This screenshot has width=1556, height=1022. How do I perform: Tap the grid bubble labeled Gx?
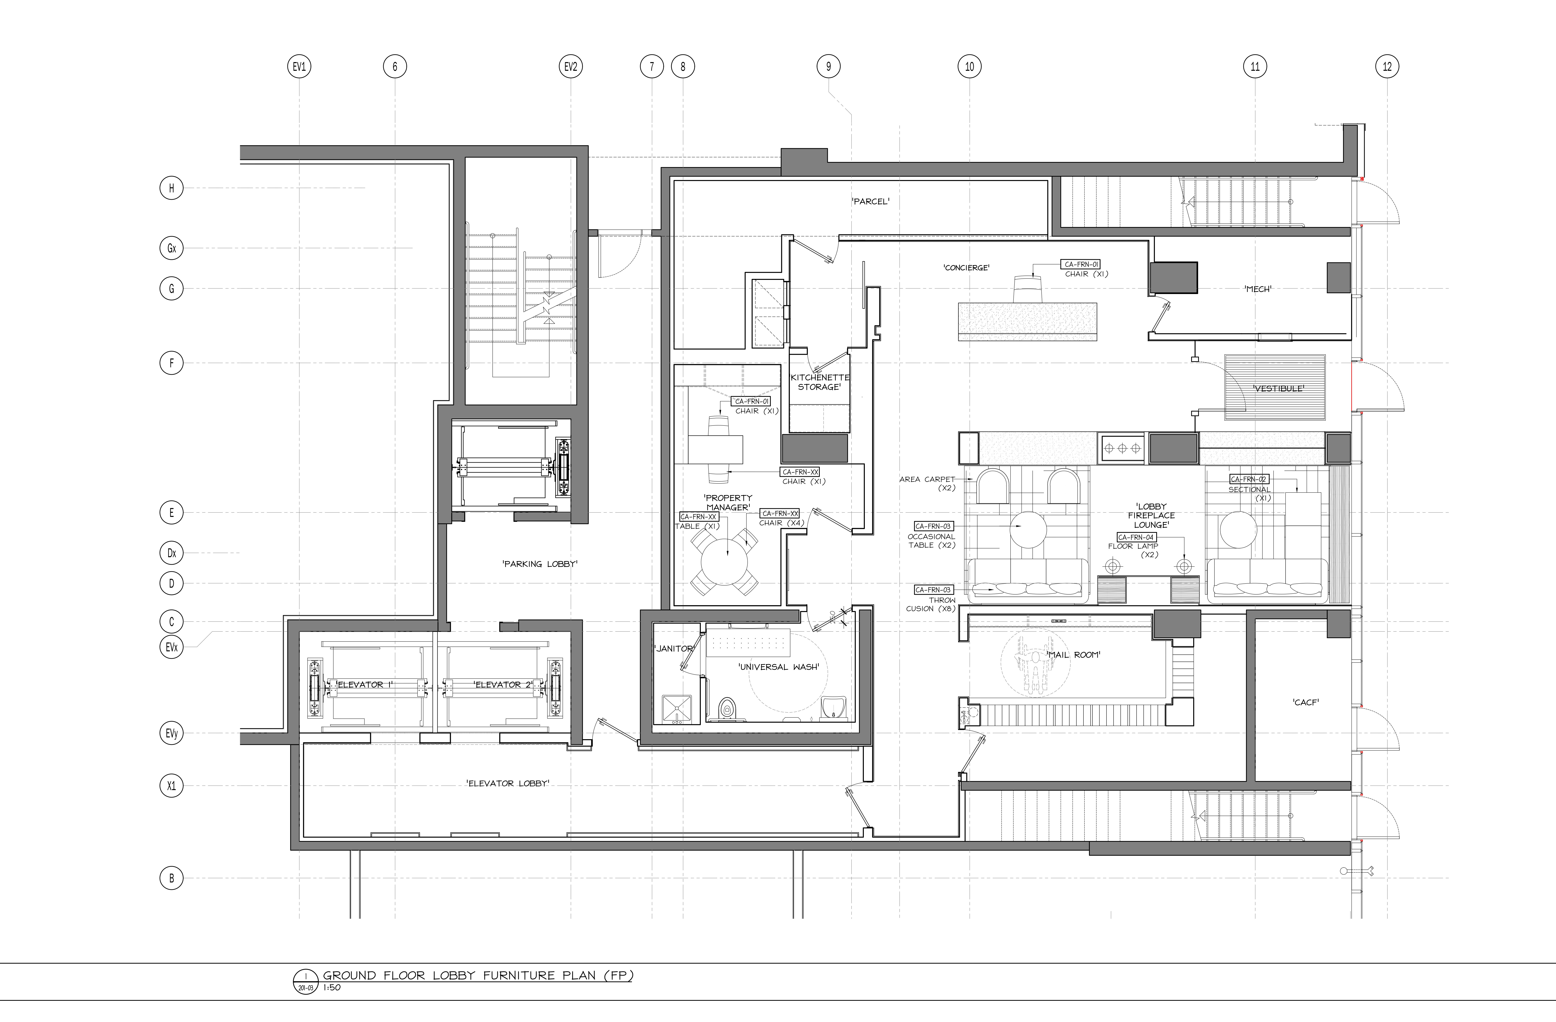[x=171, y=248]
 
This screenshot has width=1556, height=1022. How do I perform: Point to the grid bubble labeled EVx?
[x=171, y=647]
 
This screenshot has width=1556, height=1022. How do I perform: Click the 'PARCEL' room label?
[x=870, y=201]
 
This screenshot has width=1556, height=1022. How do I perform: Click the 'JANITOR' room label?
[x=673, y=648]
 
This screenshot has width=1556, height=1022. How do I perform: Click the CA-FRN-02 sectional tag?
[x=1249, y=479]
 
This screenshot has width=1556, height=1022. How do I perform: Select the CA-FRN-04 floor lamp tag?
[x=1136, y=537]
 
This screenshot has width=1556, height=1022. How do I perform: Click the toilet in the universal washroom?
[x=726, y=708]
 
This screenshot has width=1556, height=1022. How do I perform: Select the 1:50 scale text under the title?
[x=332, y=987]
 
